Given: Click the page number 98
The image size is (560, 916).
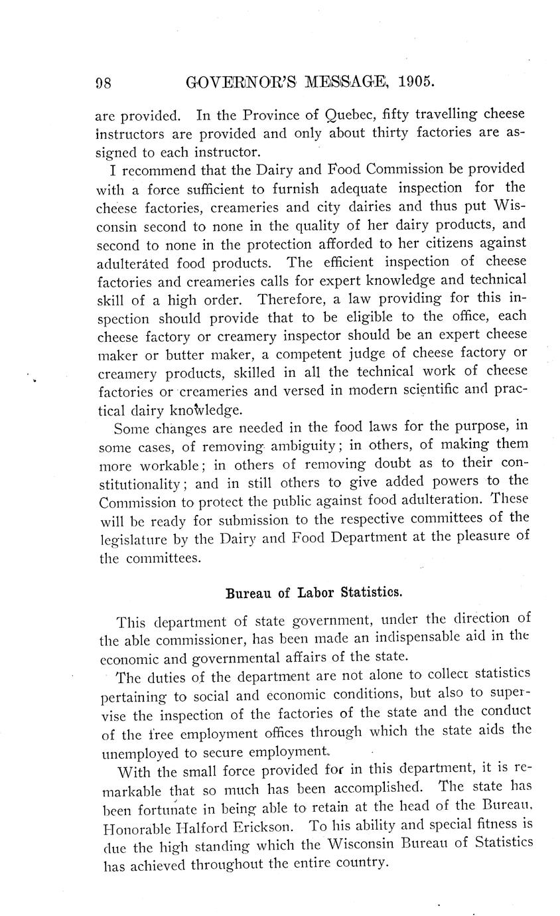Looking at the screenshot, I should [x=103, y=82].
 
